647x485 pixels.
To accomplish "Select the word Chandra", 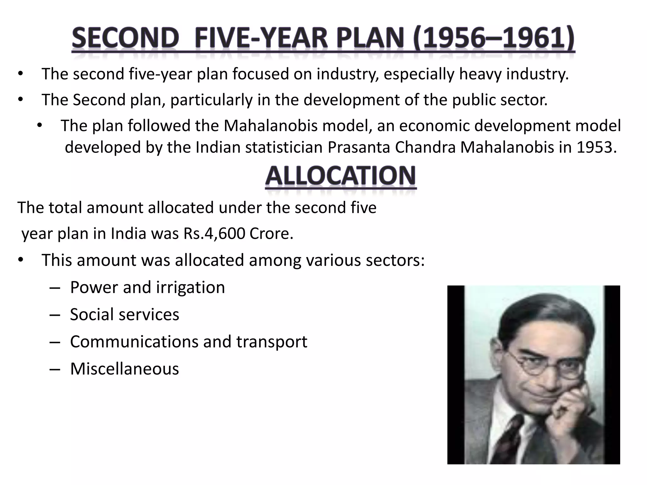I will tap(425, 147).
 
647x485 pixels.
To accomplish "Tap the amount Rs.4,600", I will tap(214, 234).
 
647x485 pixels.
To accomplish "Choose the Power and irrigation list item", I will tap(147, 287).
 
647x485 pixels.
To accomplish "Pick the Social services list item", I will tap(124, 314).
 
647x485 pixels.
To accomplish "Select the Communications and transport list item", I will tap(189, 342).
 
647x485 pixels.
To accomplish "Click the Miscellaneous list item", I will tap(124, 369).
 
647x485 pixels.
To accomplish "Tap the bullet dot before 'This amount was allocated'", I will tap(21, 260).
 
